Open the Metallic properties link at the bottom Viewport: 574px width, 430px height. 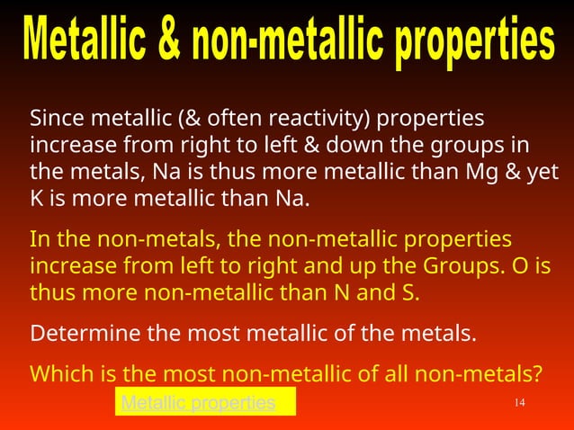coord(198,403)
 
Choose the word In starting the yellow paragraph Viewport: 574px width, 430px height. coord(39,241)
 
